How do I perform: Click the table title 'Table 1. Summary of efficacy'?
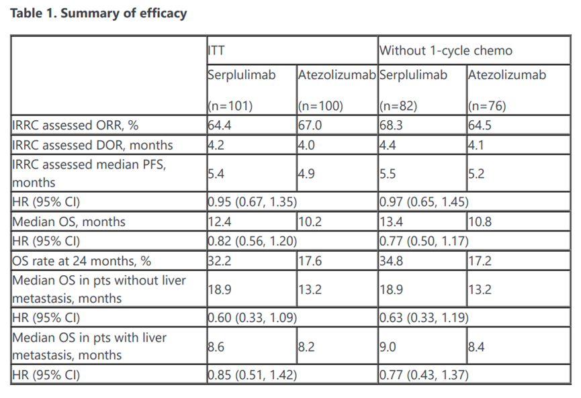99,13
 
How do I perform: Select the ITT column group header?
216,50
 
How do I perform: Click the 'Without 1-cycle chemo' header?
446,50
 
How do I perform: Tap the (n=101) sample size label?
230,106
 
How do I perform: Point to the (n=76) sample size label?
487,106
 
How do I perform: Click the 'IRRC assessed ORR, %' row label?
75,125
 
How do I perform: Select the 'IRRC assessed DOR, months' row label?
93,145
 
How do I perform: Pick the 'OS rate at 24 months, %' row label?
81,260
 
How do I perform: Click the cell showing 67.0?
310,125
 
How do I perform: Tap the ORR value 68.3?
391,125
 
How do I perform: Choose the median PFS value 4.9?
306,173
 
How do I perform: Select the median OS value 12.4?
220,221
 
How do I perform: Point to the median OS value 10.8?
480,221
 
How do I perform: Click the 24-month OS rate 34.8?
392,260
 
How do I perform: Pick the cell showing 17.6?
310,260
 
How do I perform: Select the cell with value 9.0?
388,346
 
